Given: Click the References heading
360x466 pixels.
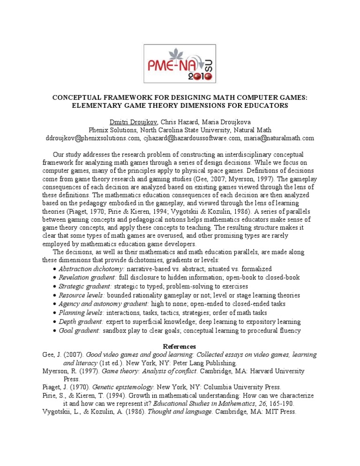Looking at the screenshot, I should pyautogui.click(x=180, y=346).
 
